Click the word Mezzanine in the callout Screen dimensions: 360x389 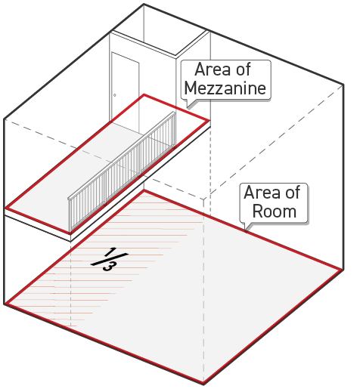point(225,88)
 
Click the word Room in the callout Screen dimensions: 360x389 point(275,211)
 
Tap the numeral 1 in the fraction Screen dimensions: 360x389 point(110,252)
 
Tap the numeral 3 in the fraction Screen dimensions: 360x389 point(109,267)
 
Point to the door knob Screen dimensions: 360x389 point(115,95)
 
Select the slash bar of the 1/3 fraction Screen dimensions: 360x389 point(110,259)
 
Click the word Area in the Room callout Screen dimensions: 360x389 point(260,193)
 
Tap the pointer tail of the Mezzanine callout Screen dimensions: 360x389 point(190,103)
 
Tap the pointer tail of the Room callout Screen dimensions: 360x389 point(247,227)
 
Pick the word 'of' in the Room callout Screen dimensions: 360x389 point(292,193)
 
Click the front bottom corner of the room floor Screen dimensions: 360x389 point(203,384)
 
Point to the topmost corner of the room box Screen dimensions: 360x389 point(144,4)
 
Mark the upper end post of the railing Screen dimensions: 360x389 point(175,130)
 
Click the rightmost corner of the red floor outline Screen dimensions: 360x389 point(341,269)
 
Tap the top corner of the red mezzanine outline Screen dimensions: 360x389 point(144,95)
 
